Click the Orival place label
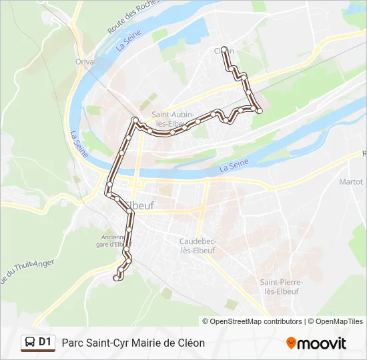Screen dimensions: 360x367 tap(86, 62)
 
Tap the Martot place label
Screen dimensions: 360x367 tap(350, 181)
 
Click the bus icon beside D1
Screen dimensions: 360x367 tap(30, 343)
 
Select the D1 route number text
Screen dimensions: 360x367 tap(45, 343)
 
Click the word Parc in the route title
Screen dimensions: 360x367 tap(73, 343)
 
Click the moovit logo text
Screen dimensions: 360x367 tap(322, 343)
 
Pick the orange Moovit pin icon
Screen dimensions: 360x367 tap(291, 343)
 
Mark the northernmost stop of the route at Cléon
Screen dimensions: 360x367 tap(224, 49)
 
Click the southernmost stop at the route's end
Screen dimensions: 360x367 tap(117, 278)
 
